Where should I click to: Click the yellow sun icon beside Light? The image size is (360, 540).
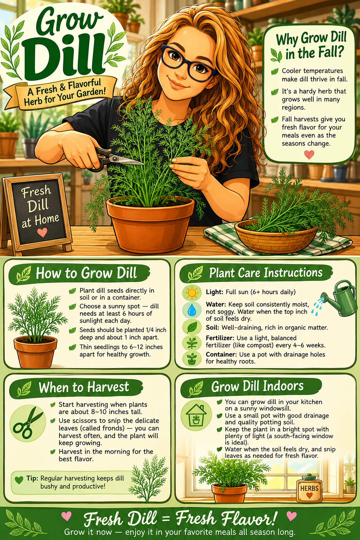[x=192, y=292]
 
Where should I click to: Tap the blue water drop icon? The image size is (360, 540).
[x=192, y=310]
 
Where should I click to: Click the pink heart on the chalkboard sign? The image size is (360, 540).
[x=42, y=232]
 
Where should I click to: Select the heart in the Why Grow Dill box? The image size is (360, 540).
[x=309, y=155]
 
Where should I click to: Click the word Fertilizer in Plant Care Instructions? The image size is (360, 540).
[x=220, y=338]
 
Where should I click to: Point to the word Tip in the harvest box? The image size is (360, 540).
[x=32, y=478]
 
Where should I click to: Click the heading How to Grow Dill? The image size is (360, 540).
[x=86, y=273]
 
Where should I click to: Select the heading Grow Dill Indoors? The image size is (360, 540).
[x=257, y=386]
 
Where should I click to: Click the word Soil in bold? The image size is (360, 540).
[x=212, y=328]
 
